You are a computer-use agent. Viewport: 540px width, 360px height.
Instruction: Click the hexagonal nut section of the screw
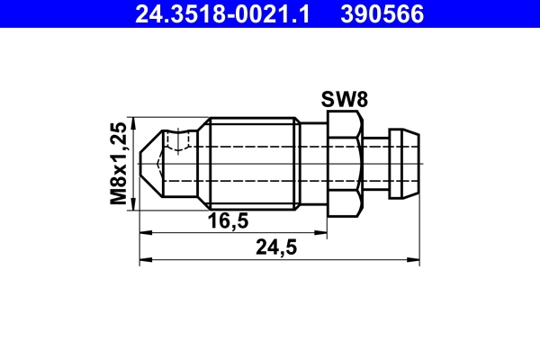[x=344, y=165]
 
